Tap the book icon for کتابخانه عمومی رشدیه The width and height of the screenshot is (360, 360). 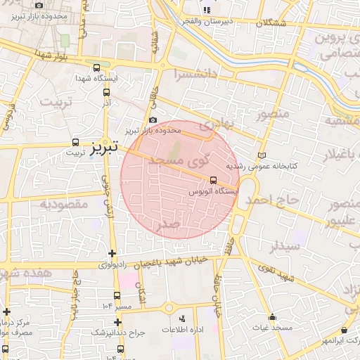[x=262, y=155]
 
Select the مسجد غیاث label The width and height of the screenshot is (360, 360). [x=274, y=328]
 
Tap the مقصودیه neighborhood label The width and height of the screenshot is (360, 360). [x=62, y=205]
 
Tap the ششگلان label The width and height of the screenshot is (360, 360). [x=271, y=23]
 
